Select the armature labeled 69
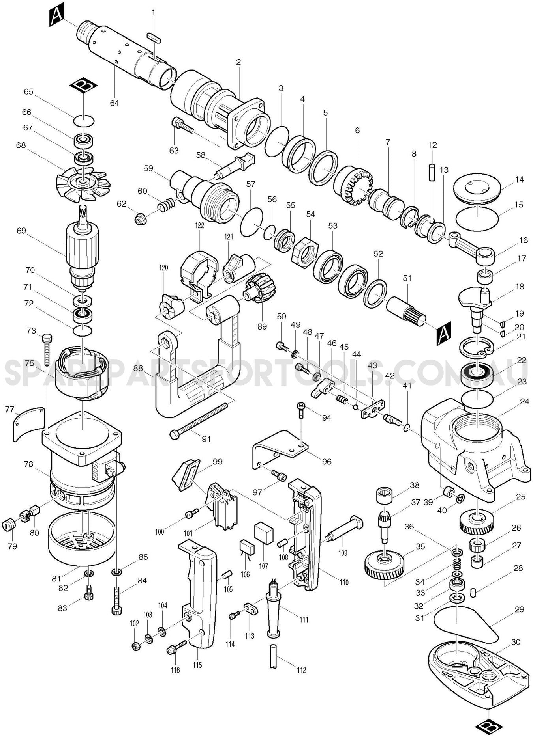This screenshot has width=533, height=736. [82, 244]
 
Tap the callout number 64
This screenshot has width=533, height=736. [114, 103]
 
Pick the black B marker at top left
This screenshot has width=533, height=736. [83, 85]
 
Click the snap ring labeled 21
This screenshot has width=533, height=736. [476, 348]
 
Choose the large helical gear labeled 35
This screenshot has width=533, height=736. [384, 566]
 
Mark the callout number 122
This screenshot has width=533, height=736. [199, 225]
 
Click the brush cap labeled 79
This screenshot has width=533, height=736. [8, 525]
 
